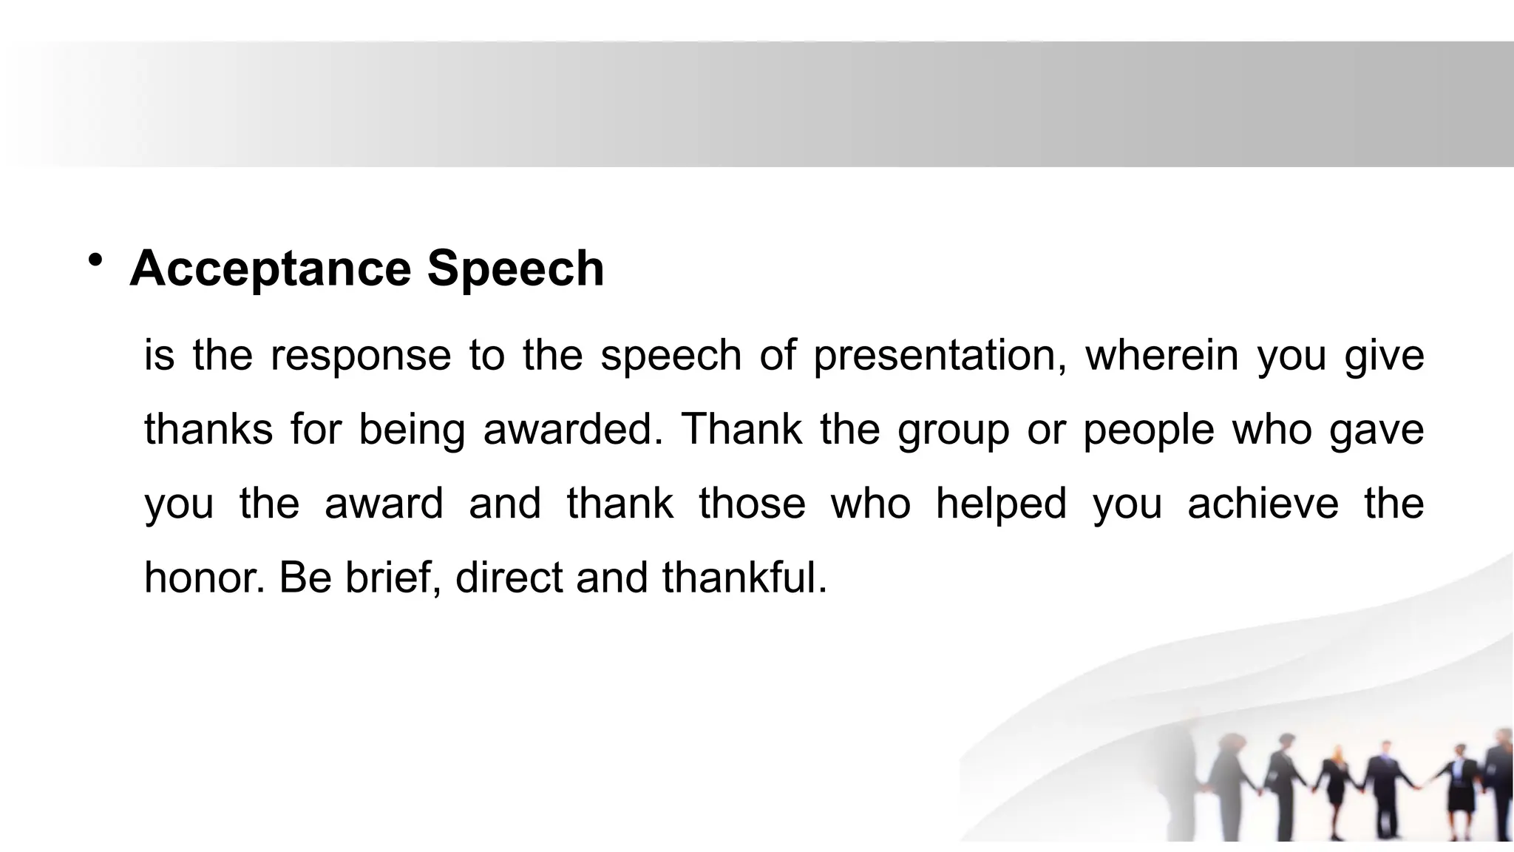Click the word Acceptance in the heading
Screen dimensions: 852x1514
[x=270, y=268]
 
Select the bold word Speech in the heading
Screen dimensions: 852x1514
[x=515, y=268]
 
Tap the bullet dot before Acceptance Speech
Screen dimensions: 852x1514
[x=95, y=260]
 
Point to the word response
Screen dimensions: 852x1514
[x=360, y=356]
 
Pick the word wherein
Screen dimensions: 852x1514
[x=1161, y=354]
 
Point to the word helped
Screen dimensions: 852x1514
[x=1001, y=504]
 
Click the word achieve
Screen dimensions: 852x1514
[x=1263, y=503]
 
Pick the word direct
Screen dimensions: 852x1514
[x=509, y=578]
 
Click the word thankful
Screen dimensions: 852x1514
[x=744, y=578]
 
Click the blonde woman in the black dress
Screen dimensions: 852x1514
[x=1337, y=780]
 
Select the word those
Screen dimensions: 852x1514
[x=752, y=503]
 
